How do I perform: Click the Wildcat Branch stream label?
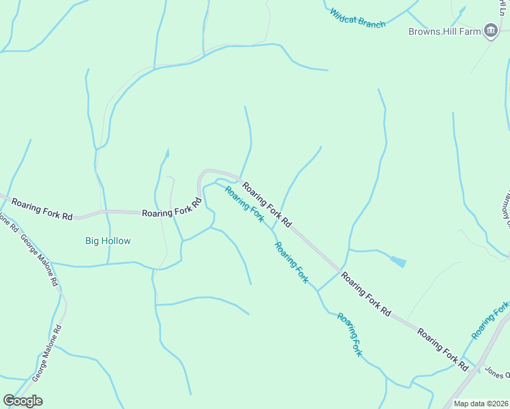click(357, 18)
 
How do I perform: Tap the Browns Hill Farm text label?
click(445, 31)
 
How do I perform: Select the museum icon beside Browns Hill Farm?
click(490, 30)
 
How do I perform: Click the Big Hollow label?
click(108, 241)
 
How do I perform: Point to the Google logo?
click(22, 401)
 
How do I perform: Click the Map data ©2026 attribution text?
click(480, 404)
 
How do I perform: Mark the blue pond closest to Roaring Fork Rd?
click(398, 261)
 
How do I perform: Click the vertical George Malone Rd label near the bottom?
click(48, 352)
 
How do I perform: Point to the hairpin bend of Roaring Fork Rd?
click(202, 176)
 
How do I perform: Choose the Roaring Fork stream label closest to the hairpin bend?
click(244, 203)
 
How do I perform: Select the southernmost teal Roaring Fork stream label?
click(350, 334)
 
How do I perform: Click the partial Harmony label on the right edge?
click(505, 204)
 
